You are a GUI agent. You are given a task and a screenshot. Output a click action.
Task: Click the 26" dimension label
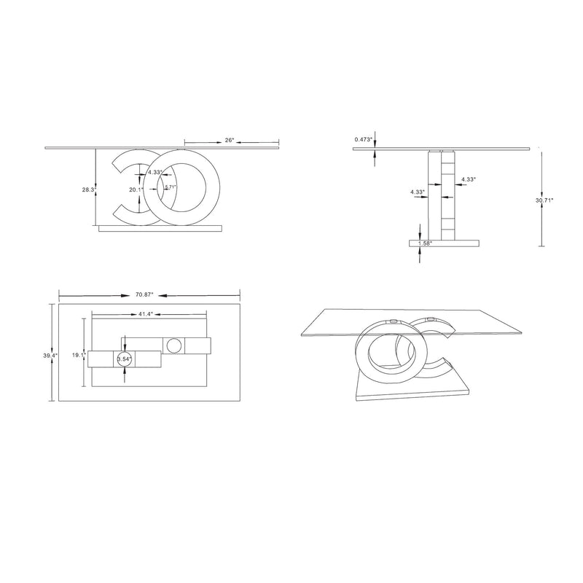coord(230,140)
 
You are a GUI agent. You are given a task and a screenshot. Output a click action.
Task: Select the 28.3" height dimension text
coord(89,189)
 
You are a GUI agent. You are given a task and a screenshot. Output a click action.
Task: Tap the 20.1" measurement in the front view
coord(135,189)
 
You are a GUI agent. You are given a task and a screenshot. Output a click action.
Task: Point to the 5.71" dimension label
coord(170,187)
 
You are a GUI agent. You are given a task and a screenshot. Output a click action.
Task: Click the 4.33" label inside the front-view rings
coord(154,173)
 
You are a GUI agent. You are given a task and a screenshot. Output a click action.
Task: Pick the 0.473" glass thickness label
coord(364,138)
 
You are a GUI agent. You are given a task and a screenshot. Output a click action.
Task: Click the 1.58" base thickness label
coord(424,243)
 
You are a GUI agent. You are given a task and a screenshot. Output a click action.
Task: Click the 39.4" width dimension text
coord(46,356)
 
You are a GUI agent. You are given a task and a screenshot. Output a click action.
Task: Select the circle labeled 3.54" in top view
coord(125,358)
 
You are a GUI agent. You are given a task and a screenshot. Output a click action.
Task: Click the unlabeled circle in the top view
coord(175,345)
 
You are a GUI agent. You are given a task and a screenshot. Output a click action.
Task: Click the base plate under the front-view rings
coord(159,229)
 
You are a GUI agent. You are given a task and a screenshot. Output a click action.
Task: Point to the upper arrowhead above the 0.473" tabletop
coord(375,143)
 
